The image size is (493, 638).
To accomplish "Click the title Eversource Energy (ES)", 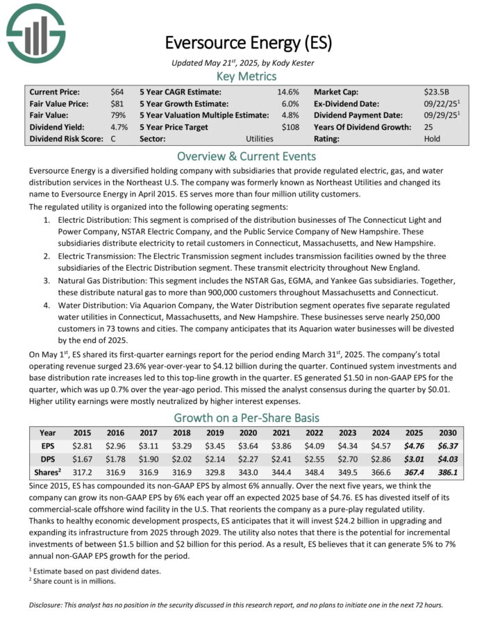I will coord(248,42).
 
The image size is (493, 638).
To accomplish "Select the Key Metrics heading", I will coord(247,76).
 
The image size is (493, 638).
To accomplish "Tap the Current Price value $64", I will coord(117,92).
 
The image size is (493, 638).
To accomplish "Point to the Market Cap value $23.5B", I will coord(437,92).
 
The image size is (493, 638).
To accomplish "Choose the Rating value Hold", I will coord(432,139).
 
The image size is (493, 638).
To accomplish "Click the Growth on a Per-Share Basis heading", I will coord(247,417).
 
